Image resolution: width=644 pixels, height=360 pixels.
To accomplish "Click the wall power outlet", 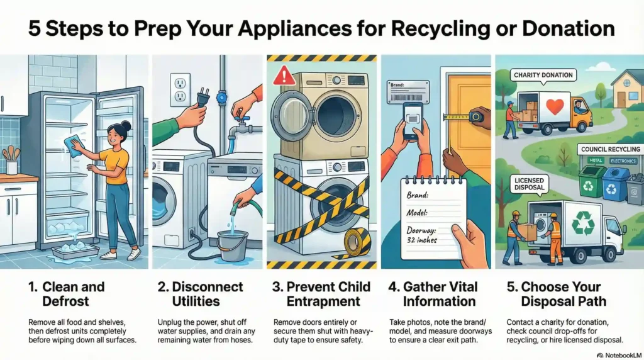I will click(x=180, y=89).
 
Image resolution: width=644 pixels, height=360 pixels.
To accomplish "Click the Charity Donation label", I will click(x=543, y=75).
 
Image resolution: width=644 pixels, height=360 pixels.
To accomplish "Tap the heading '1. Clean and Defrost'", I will click(x=69, y=293).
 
